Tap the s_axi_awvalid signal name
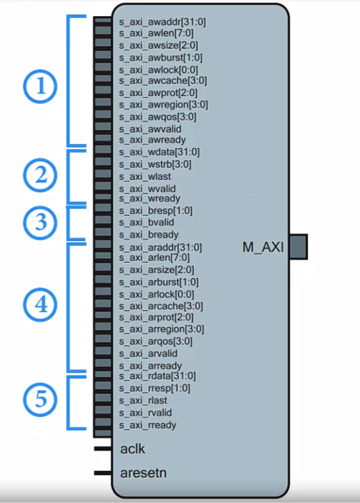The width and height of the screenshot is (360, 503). [150, 129]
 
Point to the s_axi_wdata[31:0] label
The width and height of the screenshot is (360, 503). [159, 152]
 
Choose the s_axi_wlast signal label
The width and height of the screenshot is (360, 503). [144, 176]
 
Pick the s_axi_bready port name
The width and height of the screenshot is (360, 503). [149, 234]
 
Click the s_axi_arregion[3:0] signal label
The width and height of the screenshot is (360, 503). [161, 329]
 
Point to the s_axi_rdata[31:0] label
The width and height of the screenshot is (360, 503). [157, 377]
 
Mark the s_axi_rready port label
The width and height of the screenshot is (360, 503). [147, 425]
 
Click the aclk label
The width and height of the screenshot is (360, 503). [132, 448]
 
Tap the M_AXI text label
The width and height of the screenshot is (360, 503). [262, 247]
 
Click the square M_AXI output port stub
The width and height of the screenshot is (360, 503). [298, 247]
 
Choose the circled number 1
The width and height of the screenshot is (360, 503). [41, 88]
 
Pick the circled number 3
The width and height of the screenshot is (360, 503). [41, 223]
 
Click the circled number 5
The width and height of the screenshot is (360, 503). [41, 399]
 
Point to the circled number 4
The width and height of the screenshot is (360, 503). [41, 305]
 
